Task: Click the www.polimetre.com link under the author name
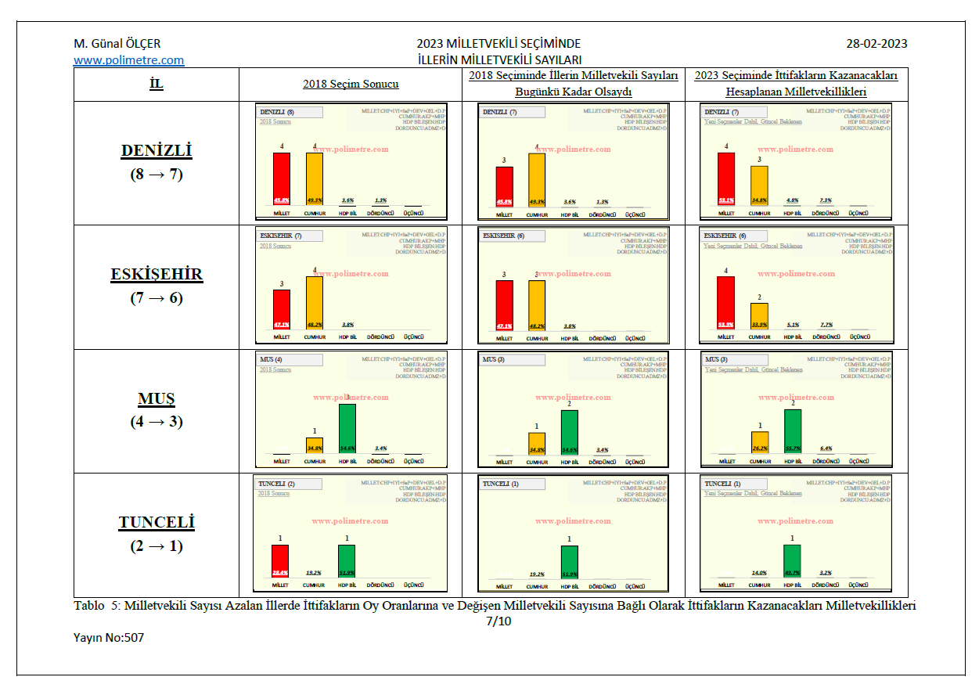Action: pyautogui.click(x=129, y=60)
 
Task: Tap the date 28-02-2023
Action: pyautogui.click(x=876, y=44)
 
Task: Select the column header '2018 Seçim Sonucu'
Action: pyautogui.click(x=351, y=85)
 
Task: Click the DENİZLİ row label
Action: pyautogui.click(x=157, y=151)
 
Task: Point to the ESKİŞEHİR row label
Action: pyautogui.click(x=157, y=275)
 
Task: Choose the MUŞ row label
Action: pyautogui.click(x=157, y=399)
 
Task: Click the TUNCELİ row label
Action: pyautogui.click(x=157, y=522)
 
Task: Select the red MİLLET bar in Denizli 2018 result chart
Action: pyautogui.click(x=282, y=178)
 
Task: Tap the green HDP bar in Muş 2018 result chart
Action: pyautogui.click(x=347, y=427)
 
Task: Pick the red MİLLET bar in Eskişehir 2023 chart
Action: pyautogui.click(x=726, y=304)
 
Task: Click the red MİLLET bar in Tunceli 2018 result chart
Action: pyautogui.click(x=281, y=562)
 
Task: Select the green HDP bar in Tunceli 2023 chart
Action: pyautogui.click(x=793, y=561)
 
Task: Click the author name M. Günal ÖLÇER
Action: pyautogui.click(x=117, y=44)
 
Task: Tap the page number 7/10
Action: pyautogui.click(x=498, y=621)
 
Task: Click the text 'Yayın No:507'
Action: pyautogui.click(x=109, y=638)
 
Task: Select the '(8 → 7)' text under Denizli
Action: pyautogui.click(x=157, y=175)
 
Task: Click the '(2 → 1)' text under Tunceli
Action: pyautogui.click(x=157, y=546)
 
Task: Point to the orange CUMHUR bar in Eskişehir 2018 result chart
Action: pyautogui.click(x=315, y=304)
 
